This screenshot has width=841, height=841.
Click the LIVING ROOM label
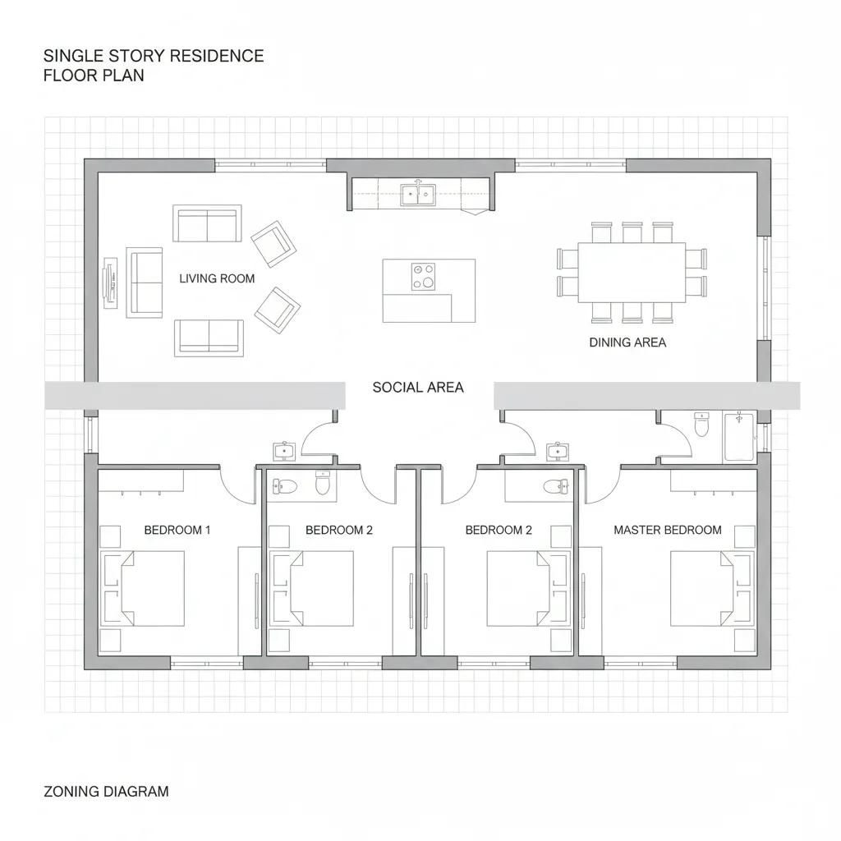217,278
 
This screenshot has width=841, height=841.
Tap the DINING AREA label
627,342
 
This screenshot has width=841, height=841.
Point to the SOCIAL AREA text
418,388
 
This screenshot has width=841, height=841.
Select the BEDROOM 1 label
177,530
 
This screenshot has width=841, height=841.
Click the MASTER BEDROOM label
667,530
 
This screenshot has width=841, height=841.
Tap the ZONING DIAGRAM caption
106,792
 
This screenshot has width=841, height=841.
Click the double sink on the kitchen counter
418,194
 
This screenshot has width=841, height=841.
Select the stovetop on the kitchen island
423,277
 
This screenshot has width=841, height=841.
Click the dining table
632,273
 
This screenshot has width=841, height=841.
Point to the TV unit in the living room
111,283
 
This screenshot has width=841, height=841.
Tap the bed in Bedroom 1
143,588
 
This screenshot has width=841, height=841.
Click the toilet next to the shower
701,425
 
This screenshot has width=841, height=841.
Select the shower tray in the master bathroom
738,437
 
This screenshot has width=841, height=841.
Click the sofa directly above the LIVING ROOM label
207,223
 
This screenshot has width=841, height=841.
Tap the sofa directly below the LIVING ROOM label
209,338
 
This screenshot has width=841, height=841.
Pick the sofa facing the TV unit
145,283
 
